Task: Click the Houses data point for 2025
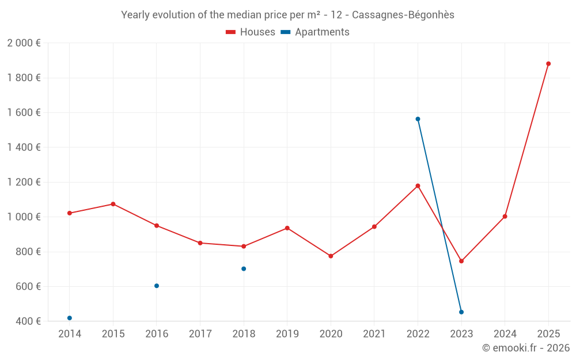(x=548, y=64)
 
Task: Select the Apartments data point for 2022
(x=418, y=119)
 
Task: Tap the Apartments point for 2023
(x=461, y=312)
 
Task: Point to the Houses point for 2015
(x=113, y=204)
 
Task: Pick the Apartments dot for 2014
(x=70, y=318)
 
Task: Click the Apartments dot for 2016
(x=157, y=286)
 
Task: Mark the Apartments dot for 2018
(x=244, y=269)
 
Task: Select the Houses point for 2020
(x=331, y=256)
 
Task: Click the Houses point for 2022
(x=418, y=186)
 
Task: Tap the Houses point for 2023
(x=461, y=262)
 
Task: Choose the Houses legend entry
(x=251, y=32)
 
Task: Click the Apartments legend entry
(x=315, y=32)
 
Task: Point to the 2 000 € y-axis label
(x=24, y=43)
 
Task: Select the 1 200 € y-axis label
(x=24, y=183)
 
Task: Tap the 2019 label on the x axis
(x=287, y=334)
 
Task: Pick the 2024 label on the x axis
(x=505, y=334)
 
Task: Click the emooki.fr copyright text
(x=526, y=348)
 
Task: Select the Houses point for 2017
(x=200, y=243)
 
